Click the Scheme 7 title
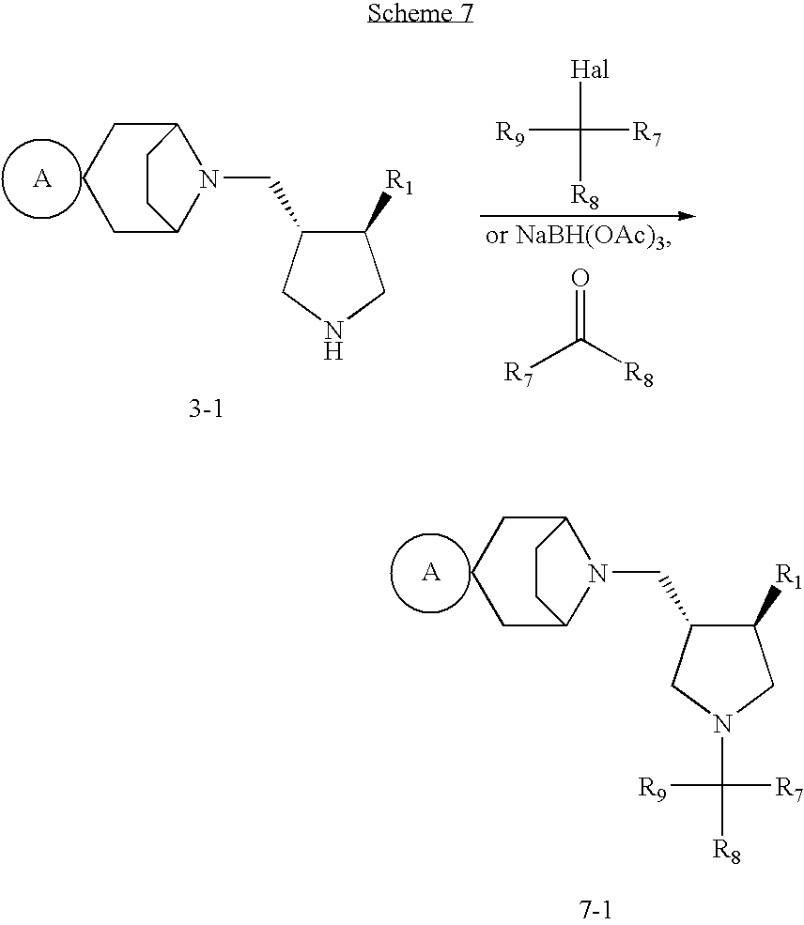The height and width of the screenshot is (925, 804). click(420, 13)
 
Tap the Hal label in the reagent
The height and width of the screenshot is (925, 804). click(589, 70)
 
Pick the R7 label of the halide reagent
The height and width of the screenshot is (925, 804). click(648, 132)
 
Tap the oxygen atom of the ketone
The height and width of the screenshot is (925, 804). click(580, 279)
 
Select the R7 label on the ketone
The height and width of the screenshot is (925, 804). click(519, 374)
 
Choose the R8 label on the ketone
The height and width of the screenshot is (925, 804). click(639, 375)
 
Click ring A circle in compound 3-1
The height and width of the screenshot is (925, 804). click(42, 178)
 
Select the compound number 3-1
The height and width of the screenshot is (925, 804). click(205, 409)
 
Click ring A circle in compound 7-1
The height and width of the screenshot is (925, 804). click(431, 572)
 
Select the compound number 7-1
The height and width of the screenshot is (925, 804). click(595, 909)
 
